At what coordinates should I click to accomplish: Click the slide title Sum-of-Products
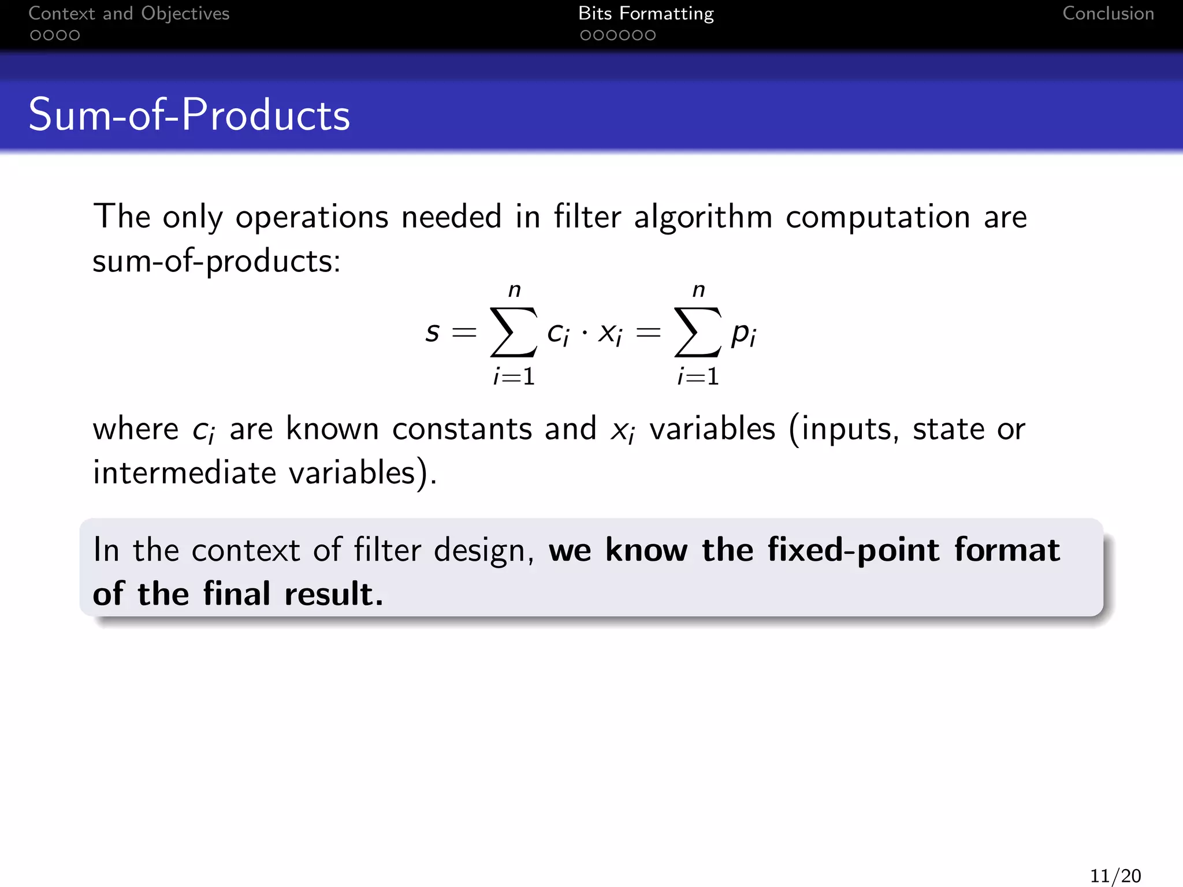pos(189,115)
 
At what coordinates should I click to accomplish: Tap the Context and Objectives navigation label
pos(129,13)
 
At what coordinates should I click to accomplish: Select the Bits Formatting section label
pos(646,13)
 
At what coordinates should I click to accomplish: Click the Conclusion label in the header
pos(1108,13)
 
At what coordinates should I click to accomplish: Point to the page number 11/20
pos(1115,875)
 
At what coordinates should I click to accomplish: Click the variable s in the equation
pos(432,332)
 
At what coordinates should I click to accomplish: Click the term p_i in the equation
pos(743,334)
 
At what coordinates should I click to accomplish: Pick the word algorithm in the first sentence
pos(702,218)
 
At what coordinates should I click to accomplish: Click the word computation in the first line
pos(877,218)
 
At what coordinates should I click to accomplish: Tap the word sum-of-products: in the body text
pos(217,262)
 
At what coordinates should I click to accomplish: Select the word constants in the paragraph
pos(462,429)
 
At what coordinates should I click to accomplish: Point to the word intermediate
pos(185,473)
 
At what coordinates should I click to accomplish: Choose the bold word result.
pos(333,594)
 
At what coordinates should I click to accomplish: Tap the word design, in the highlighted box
pos(483,550)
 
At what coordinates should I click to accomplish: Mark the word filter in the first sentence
pos(587,218)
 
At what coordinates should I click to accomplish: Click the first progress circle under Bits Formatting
pos(585,36)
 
